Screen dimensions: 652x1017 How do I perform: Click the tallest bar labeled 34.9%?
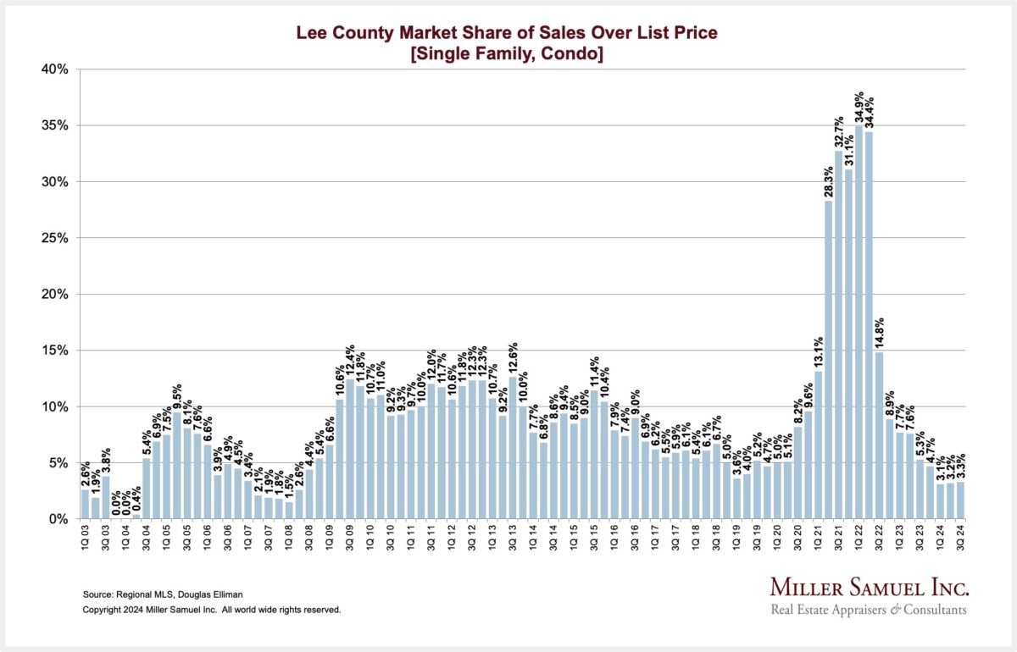[x=859, y=322]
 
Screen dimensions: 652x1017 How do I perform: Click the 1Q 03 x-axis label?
[x=86, y=539]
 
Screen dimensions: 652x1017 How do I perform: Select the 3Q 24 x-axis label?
[x=961, y=539]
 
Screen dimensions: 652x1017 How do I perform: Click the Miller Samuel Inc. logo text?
[x=868, y=588]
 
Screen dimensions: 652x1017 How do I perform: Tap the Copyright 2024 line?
[x=211, y=610]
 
